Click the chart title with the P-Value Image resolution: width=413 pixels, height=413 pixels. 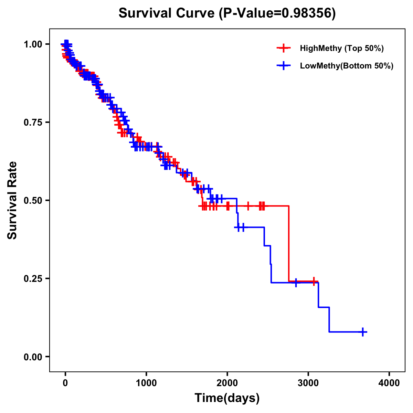coord(227,13)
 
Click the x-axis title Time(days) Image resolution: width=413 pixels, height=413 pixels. coord(227,398)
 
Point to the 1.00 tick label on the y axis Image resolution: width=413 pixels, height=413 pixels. coord(33,44)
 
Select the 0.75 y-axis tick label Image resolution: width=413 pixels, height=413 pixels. coord(33,123)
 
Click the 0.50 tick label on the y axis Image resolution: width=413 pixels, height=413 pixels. coord(33,201)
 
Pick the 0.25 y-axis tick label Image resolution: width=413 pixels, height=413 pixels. coord(33,279)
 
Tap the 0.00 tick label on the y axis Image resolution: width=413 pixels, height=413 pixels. coord(33,357)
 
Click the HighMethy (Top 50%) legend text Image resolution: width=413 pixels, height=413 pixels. coord(342,49)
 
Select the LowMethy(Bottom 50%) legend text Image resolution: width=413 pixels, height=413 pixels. coord(347,66)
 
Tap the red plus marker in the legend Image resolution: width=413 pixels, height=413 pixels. coord(284,48)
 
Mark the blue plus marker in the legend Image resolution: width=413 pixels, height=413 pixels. coord(284,66)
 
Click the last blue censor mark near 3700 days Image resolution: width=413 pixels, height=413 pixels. coord(362,332)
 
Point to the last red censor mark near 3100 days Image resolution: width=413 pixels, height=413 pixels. coord(314,281)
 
